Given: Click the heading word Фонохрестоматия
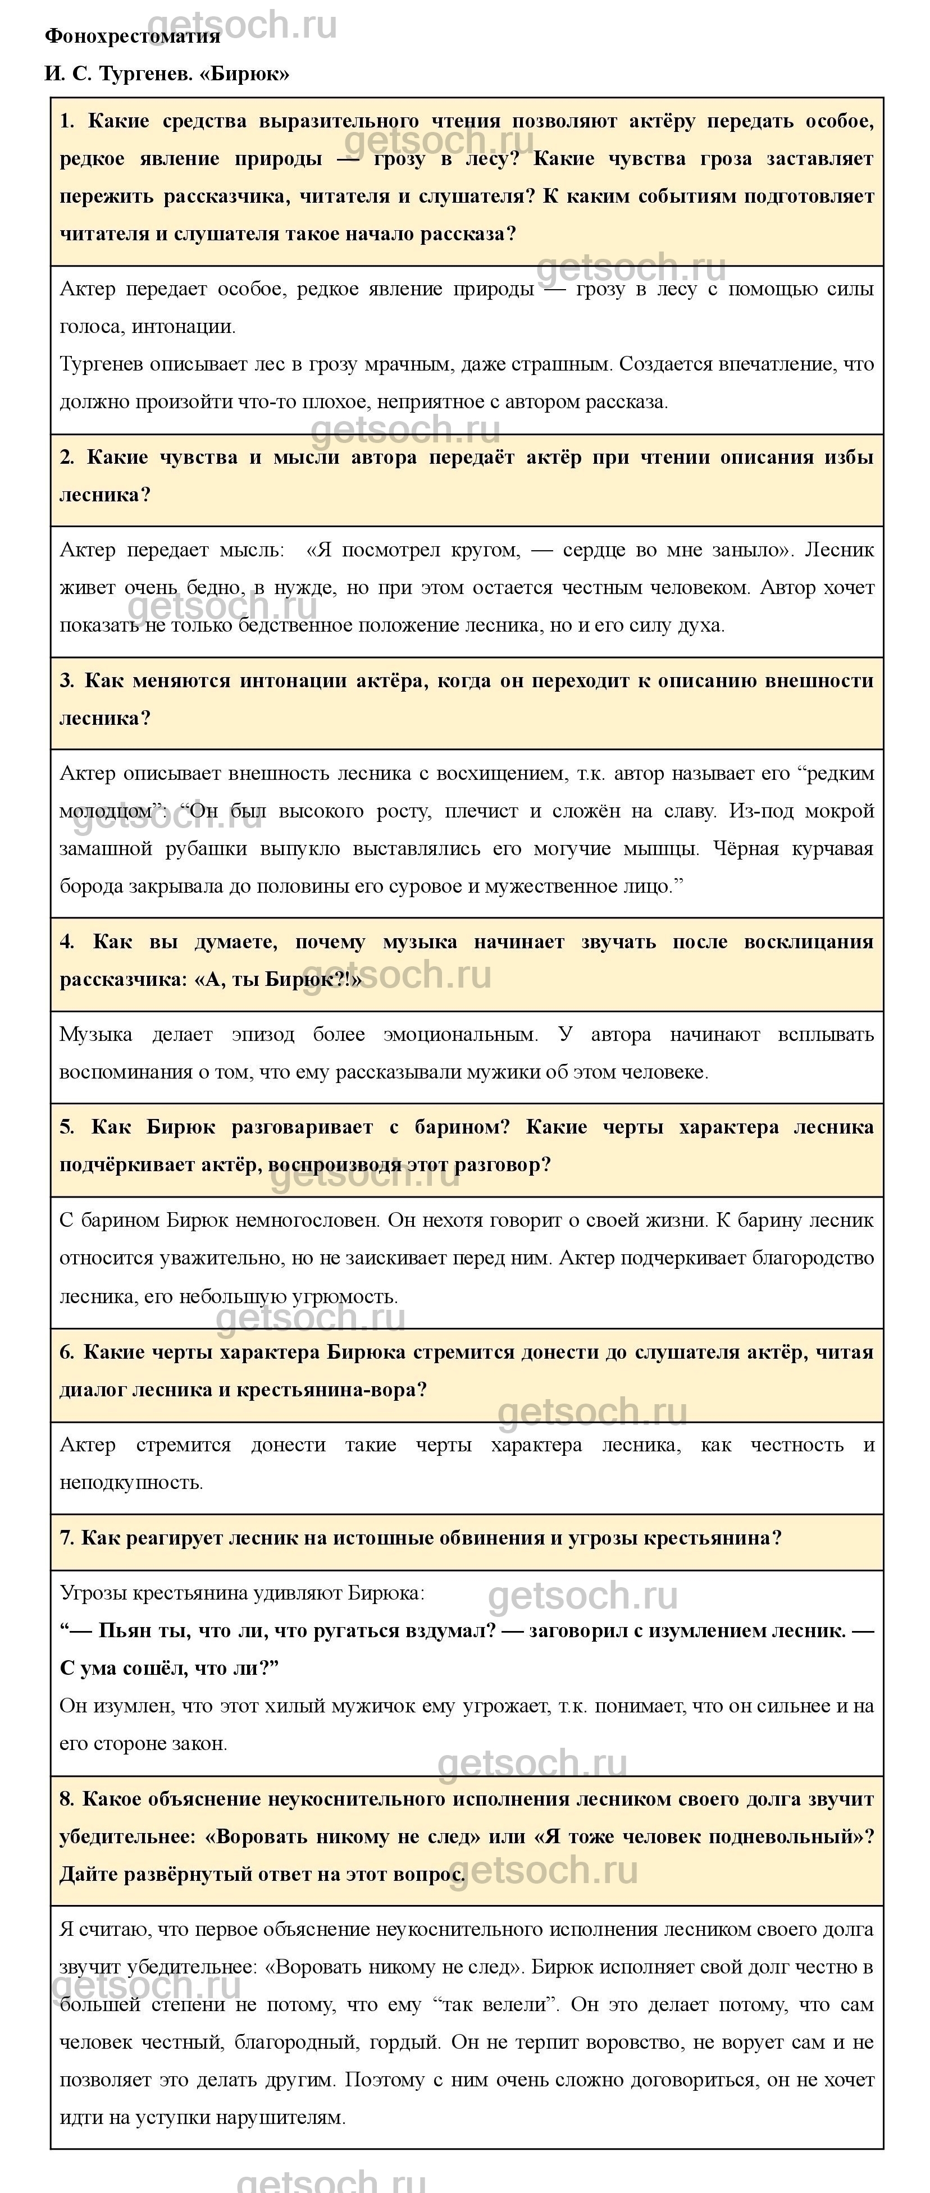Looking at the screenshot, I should [x=132, y=36].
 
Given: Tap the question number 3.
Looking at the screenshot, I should [x=66, y=681].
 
